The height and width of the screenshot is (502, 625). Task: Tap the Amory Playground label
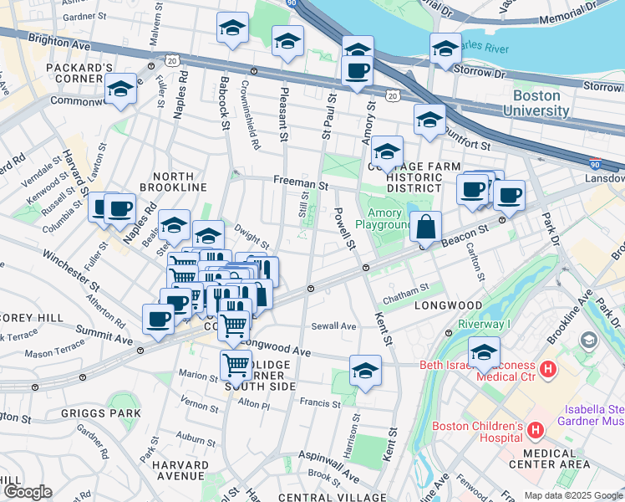[x=385, y=218]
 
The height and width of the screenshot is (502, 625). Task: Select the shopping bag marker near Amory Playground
[x=426, y=227]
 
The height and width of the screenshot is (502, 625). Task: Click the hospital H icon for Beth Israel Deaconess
[x=548, y=368]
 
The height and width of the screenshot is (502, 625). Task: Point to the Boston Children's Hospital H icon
[x=535, y=432]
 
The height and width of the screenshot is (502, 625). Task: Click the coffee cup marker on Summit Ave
[x=159, y=319]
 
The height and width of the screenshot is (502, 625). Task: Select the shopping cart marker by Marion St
[x=236, y=365]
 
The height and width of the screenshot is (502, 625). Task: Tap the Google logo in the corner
[x=27, y=492]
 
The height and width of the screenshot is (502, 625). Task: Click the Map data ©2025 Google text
[x=573, y=495]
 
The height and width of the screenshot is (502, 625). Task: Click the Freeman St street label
[x=299, y=182]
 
